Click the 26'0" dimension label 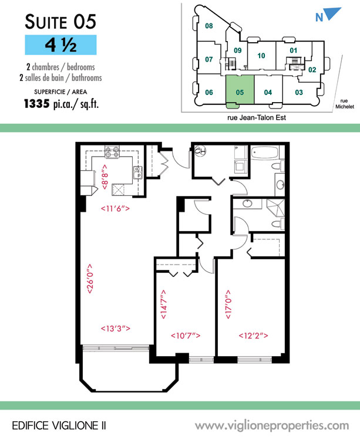(x=90, y=279)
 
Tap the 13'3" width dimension (x=116, y=329)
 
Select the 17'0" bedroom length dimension (x=228, y=304)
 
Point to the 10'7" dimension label (x=186, y=336)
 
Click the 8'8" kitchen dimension (x=105, y=177)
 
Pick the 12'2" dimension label (x=253, y=336)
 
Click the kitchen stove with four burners (x=112, y=152)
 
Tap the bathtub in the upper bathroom (x=264, y=154)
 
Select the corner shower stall (x=275, y=208)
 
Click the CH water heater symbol (x=200, y=151)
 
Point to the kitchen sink (x=137, y=172)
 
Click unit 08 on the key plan (x=208, y=26)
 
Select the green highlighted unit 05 (x=240, y=90)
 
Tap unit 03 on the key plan (x=299, y=92)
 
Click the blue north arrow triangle (x=333, y=13)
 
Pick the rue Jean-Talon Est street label (x=257, y=117)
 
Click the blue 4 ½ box (x=60, y=45)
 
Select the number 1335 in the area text (x=37, y=104)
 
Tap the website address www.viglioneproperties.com (x=272, y=426)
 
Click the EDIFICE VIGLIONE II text (x=59, y=426)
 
